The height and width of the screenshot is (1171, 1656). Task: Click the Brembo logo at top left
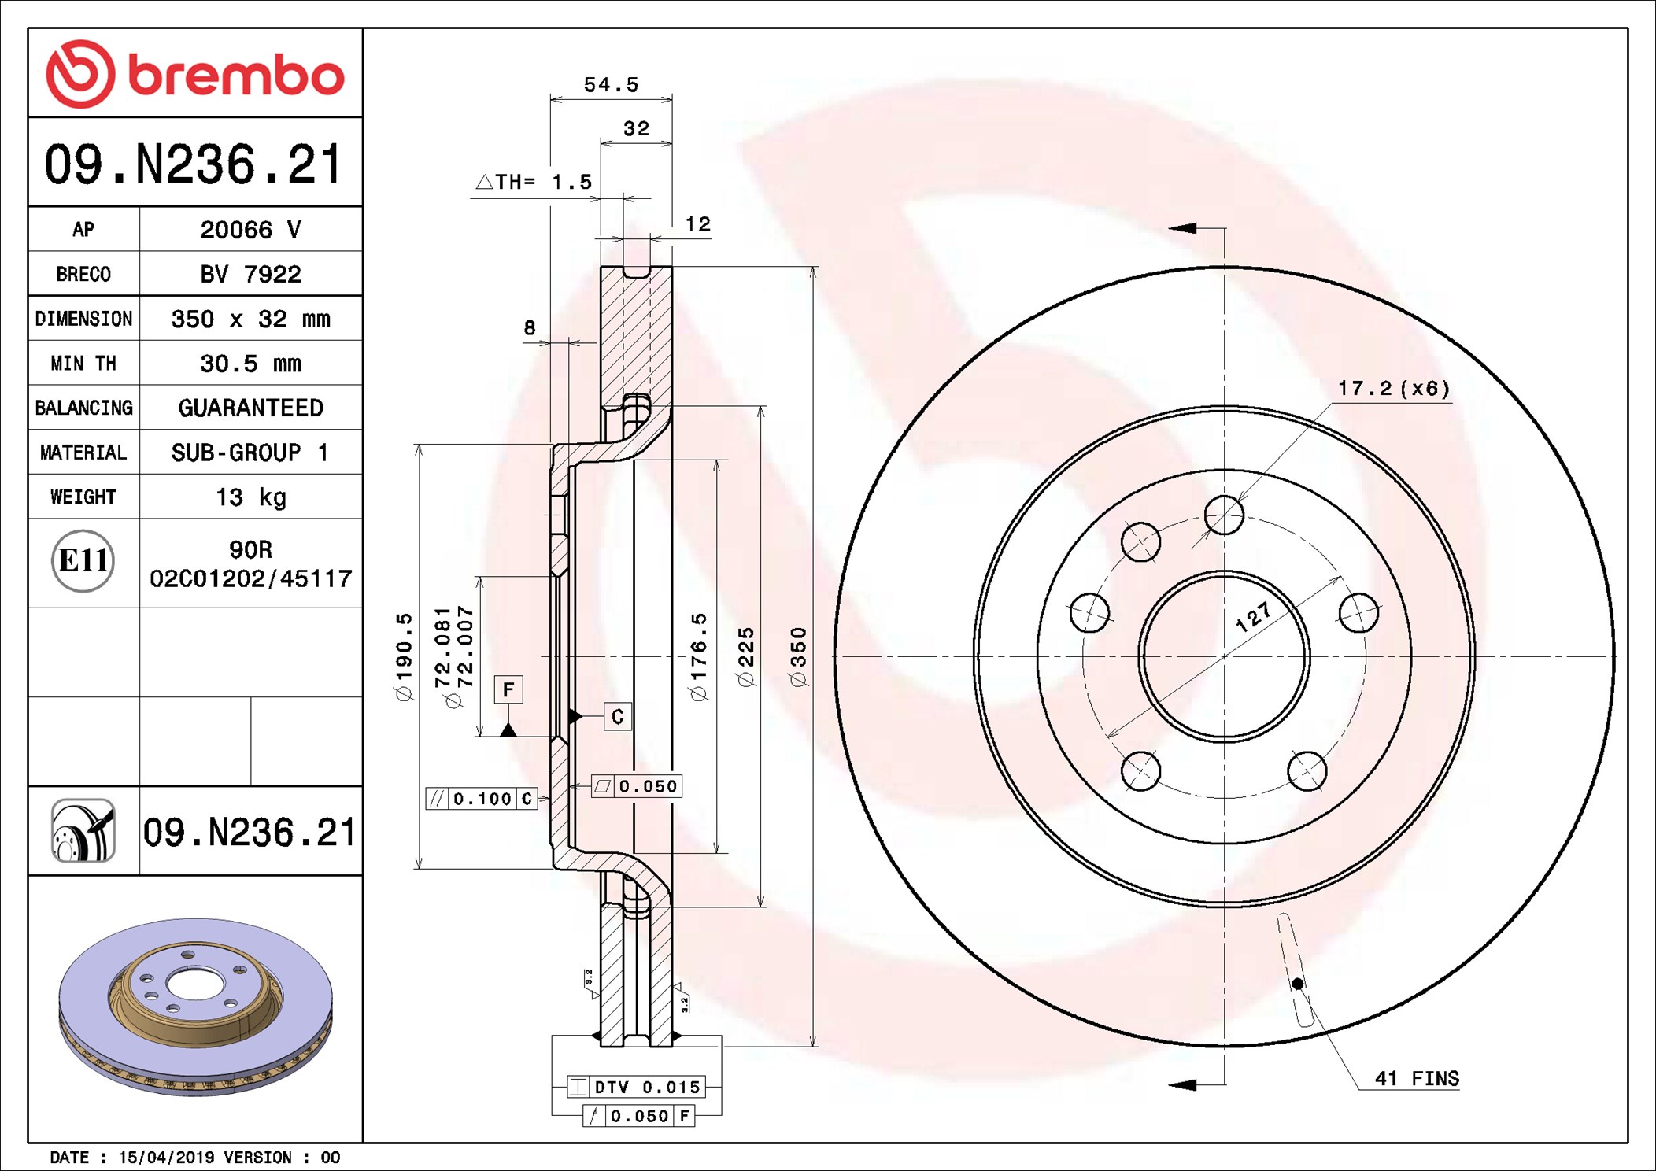(x=194, y=74)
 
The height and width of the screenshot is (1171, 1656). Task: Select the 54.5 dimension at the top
(x=611, y=85)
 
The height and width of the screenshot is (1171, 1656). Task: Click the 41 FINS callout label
(x=1416, y=1078)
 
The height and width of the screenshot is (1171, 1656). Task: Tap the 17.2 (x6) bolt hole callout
(x=1393, y=389)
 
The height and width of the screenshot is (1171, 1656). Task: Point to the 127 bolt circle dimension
(x=1253, y=617)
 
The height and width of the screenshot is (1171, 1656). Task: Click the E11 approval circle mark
(x=83, y=561)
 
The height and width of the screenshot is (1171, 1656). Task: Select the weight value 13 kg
(x=250, y=497)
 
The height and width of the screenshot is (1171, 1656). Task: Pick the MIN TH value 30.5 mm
(x=250, y=364)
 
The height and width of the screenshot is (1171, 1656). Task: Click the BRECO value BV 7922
(x=250, y=274)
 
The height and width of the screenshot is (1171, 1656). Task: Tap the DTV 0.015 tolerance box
(x=636, y=1087)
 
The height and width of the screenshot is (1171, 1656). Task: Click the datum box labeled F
(x=508, y=690)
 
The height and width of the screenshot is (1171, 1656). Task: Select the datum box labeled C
(x=618, y=717)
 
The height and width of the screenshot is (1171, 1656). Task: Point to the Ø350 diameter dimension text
(x=798, y=657)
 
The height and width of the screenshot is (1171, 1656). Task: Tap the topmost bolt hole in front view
(x=1224, y=515)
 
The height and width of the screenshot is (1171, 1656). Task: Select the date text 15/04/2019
(x=165, y=1157)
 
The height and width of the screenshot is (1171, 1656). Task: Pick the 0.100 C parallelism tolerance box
(x=482, y=799)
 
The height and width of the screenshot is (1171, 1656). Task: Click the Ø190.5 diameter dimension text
(x=404, y=657)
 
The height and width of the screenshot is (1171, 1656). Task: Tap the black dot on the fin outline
(x=1297, y=984)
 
